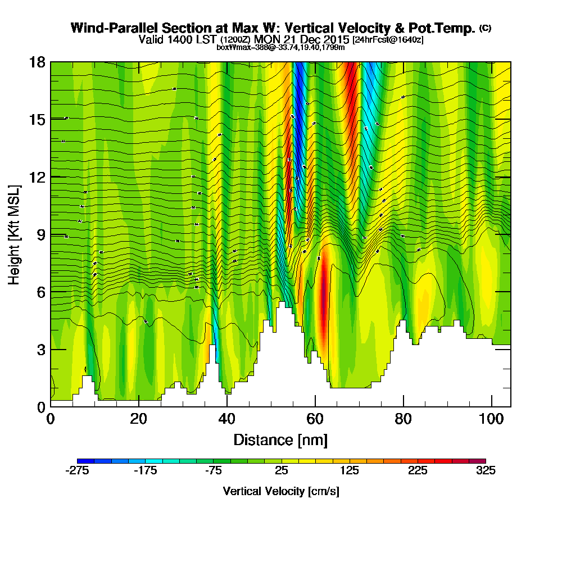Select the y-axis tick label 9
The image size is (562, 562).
(x=40, y=234)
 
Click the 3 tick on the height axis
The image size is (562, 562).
(x=40, y=350)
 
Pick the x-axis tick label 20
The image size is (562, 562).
(x=138, y=419)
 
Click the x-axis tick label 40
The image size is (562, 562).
(x=226, y=419)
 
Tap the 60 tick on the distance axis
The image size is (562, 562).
(x=315, y=419)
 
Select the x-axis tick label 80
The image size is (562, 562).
(x=403, y=419)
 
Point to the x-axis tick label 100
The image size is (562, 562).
(x=492, y=419)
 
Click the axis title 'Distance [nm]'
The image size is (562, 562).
(x=280, y=439)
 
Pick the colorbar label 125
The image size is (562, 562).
(x=350, y=471)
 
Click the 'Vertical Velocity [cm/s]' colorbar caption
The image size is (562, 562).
(x=281, y=491)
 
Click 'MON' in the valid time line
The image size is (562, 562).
(x=266, y=39)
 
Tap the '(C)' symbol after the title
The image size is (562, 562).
(x=485, y=28)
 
